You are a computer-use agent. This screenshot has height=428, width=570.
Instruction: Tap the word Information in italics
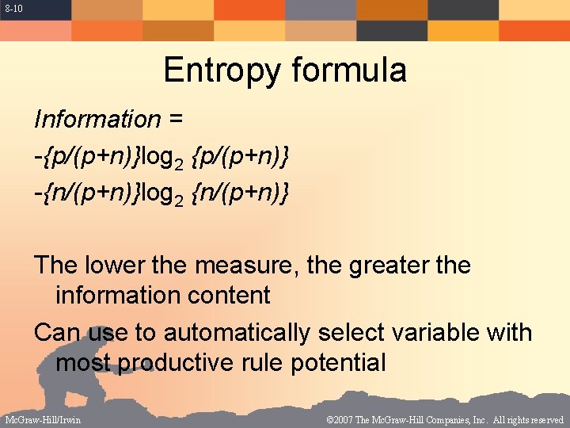pyautogui.click(x=97, y=119)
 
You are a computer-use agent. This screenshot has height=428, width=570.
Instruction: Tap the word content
pyautogui.click(x=230, y=295)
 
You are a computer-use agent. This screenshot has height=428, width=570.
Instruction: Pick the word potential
pyautogui.click(x=339, y=363)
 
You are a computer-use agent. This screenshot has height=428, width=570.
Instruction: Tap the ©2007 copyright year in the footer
pyautogui.click(x=340, y=419)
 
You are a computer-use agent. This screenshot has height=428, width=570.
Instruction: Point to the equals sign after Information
pyautogui.click(x=176, y=120)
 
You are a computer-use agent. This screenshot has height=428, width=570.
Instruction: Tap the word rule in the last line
pyautogui.click(x=263, y=362)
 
